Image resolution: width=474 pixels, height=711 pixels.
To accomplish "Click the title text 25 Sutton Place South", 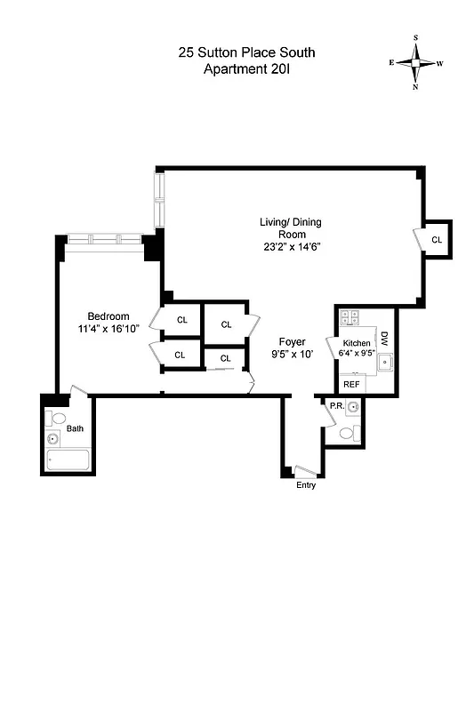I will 246,53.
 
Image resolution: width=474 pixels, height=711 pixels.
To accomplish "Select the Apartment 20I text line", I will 246,69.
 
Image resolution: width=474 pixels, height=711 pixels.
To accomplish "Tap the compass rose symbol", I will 414,63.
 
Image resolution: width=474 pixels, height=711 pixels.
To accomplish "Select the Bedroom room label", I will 108,316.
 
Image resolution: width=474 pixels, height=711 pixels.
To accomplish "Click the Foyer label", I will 293,341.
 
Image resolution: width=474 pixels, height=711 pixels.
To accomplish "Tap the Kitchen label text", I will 357,343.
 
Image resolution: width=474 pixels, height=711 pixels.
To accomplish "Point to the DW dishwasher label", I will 385,339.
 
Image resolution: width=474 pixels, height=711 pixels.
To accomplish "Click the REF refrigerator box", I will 352,384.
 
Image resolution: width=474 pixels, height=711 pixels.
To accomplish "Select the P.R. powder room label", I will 336,407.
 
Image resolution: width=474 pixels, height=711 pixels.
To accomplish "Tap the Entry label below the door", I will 305,485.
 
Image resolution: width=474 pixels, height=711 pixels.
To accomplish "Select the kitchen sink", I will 385,362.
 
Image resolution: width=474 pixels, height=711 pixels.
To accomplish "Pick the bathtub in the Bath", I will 68,461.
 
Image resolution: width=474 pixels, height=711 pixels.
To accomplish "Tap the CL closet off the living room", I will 437,240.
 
